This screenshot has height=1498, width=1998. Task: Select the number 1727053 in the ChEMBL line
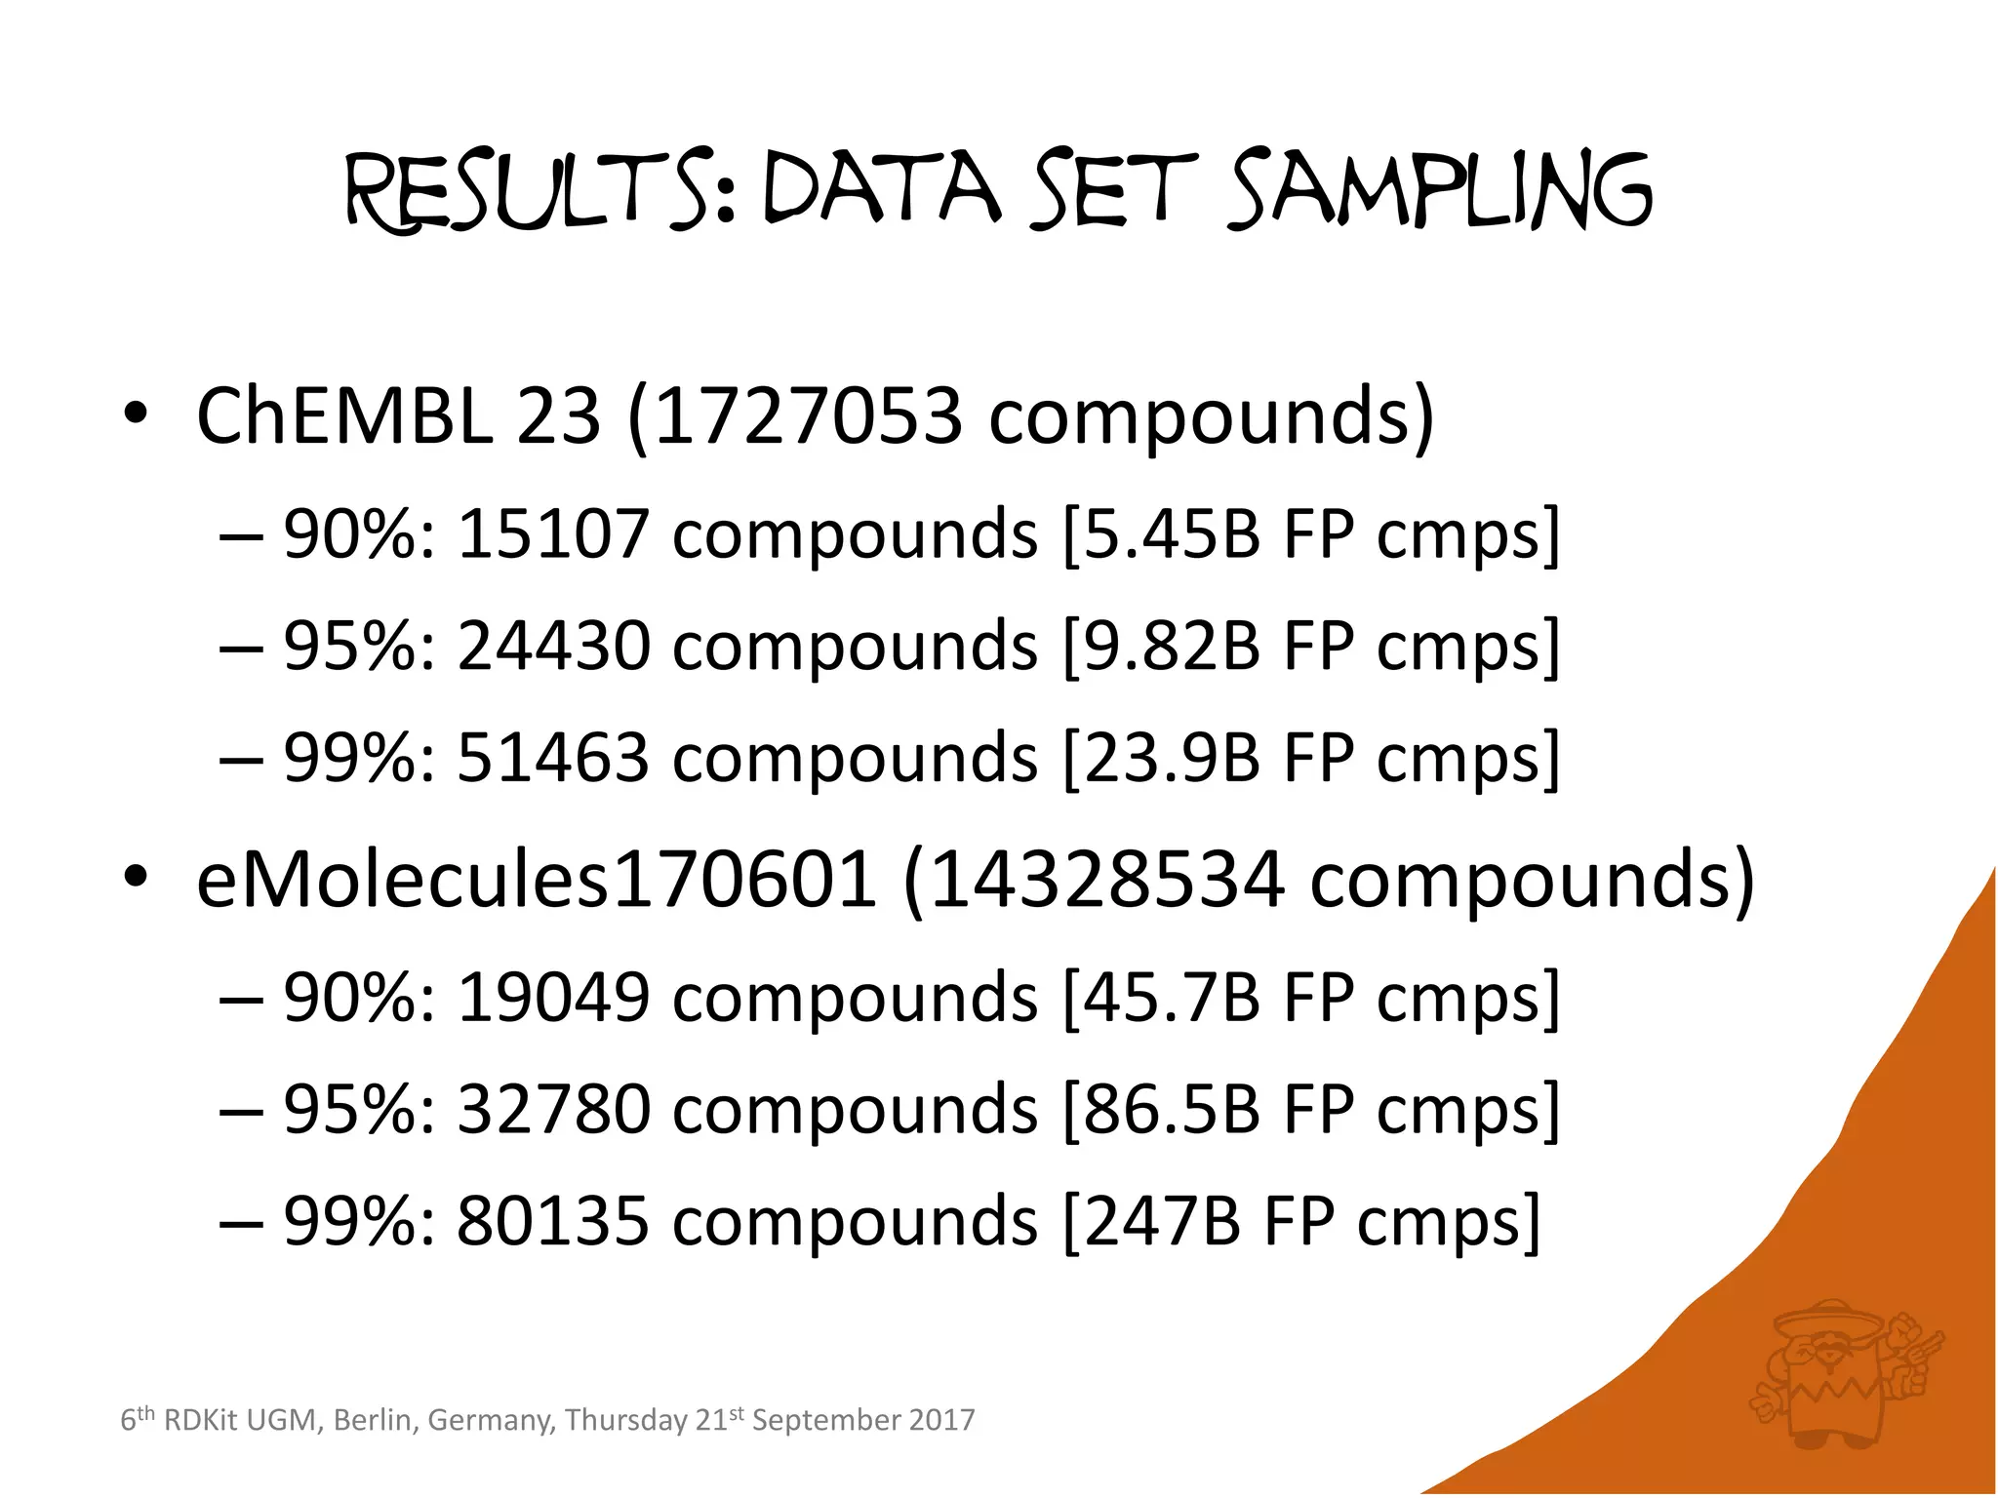[808, 416]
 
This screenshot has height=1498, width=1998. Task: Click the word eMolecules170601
[536, 880]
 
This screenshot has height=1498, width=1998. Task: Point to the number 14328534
[1106, 880]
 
